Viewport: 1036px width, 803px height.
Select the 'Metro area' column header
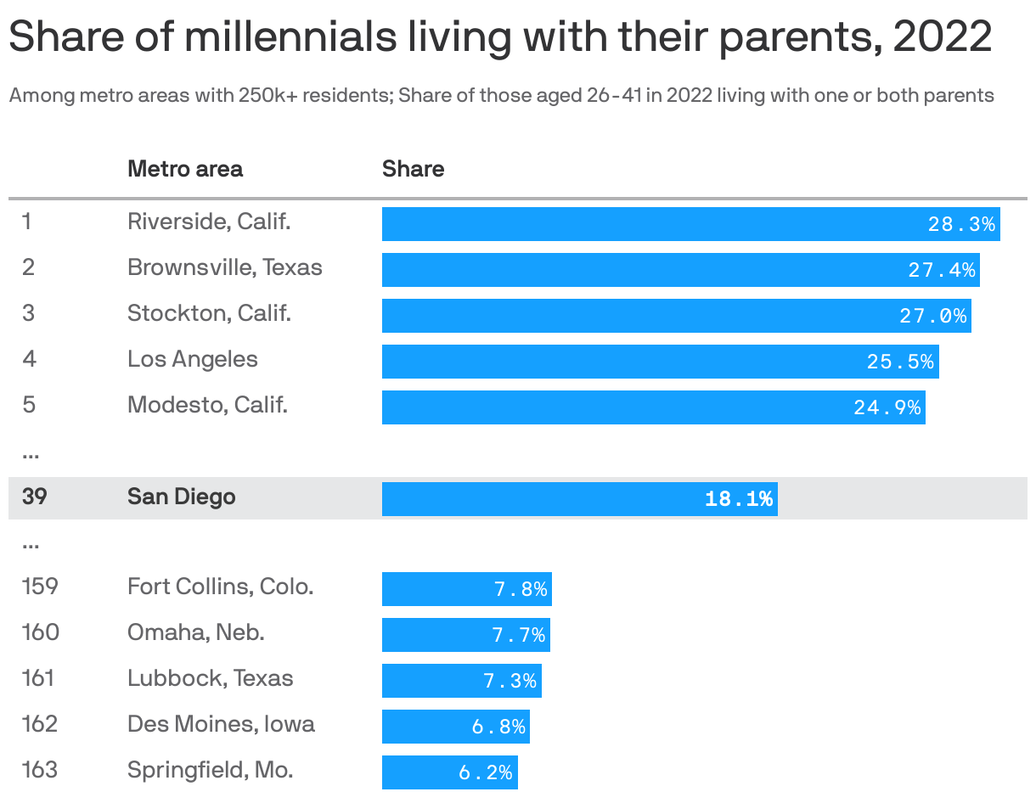(184, 169)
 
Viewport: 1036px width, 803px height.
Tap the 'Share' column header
(413, 169)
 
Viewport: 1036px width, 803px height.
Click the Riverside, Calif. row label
(209, 222)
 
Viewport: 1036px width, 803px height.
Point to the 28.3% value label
(961, 224)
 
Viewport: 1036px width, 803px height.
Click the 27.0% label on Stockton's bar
(933, 316)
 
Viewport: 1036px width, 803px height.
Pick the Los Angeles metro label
(192, 359)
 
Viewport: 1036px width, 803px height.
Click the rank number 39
(34, 497)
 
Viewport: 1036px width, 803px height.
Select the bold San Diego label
(181, 497)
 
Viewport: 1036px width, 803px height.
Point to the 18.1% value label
(739, 499)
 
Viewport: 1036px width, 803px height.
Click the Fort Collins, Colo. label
(220, 587)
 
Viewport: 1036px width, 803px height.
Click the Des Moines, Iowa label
(221, 724)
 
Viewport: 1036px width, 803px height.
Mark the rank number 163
(40, 770)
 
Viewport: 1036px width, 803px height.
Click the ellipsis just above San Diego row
(31, 455)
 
